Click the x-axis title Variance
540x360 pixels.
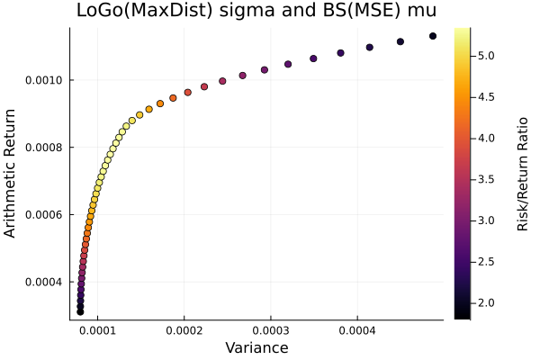(x=256, y=348)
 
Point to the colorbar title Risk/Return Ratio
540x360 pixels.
(x=522, y=173)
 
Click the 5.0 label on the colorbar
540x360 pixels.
(x=488, y=56)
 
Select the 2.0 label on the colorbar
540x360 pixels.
(x=488, y=303)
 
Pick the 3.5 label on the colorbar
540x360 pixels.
(x=488, y=179)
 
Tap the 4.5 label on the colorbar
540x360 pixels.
(x=488, y=97)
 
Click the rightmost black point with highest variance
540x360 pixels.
(x=433, y=36)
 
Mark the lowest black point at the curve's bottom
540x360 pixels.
(x=80, y=311)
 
